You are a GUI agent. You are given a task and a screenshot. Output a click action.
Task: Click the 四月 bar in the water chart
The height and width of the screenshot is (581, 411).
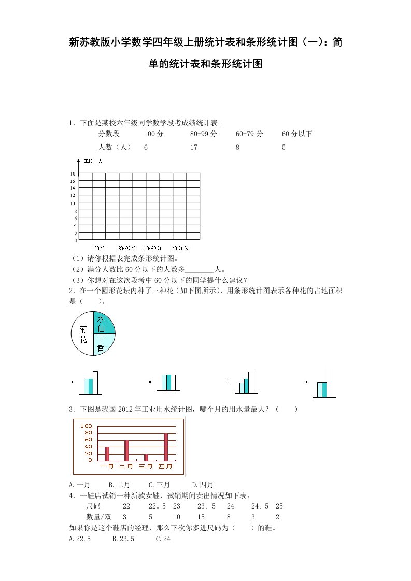pyautogui.click(x=166, y=447)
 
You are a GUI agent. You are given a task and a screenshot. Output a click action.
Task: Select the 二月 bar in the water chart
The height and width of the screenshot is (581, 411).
pyautogui.click(x=126, y=450)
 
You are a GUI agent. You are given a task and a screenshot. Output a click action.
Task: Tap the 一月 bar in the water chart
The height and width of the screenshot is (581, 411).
pyautogui.click(x=107, y=454)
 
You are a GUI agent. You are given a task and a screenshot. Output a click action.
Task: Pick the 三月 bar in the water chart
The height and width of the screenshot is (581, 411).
pyautogui.click(x=146, y=457)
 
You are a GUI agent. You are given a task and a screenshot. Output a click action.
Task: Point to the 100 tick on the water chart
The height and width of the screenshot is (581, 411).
pyautogui.click(x=86, y=425)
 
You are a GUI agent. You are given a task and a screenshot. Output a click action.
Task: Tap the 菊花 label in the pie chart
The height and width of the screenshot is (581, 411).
pyautogui.click(x=83, y=335)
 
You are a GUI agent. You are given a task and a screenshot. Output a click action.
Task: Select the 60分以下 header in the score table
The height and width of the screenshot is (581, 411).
pyautogui.click(x=297, y=134)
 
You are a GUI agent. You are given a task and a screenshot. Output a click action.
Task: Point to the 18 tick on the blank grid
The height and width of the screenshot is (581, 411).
pyautogui.click(x=73, y=174)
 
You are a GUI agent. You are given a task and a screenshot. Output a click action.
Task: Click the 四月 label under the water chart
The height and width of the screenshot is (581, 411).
pyautogui.click(x=165, y=467)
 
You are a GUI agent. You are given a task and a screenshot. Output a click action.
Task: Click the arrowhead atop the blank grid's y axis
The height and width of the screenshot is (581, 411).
pyautogui.click(x=78, y=158)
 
